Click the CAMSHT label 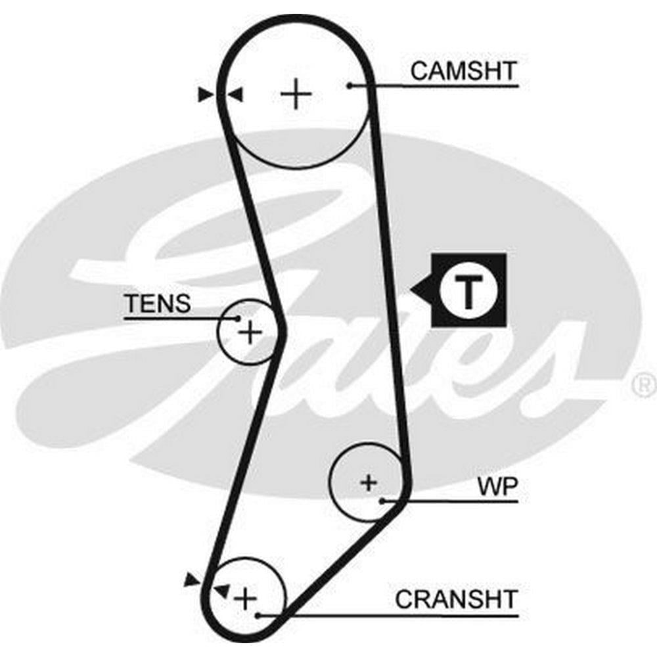pyautogui.click(x=464, y=70)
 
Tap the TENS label pyautogui.click(x=158, y=304)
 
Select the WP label pyautogui.click(x=497, y=487)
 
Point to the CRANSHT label pyautogui.click(x=456, y=599)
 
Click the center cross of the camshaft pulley pyautogui.click(x=296, y=95)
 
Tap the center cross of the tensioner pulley pyautogui.click(x=250, y=332)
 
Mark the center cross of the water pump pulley pyautogui.click(x=369, y=483)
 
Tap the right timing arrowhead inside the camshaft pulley pyautogui.click(x=235, y=95)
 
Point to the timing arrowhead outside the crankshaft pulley pyautogui.click(x=192, y=579)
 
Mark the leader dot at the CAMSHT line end pyautogui.click(x=351, y=85)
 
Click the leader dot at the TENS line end pyautogui.click(x=238, y=319)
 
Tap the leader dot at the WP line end pyautogui.click(x=382, y=501)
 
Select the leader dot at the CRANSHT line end pyautogui.click(x=260, y=616)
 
